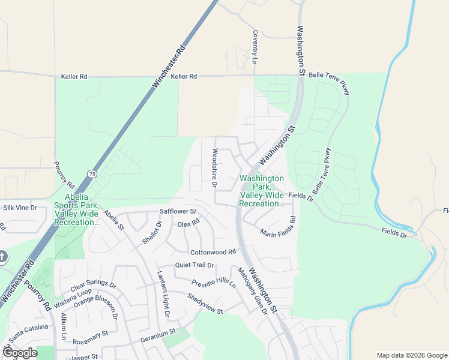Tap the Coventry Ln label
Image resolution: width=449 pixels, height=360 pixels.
255,47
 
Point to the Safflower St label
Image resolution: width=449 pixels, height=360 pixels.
178,211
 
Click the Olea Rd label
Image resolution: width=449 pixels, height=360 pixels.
188,223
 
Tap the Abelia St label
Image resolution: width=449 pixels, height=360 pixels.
113,220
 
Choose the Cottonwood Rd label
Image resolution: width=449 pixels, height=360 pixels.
213,253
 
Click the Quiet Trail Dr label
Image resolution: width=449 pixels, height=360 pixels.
194,265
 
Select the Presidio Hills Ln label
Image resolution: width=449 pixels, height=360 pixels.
213,283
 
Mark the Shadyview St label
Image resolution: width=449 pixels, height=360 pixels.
205,304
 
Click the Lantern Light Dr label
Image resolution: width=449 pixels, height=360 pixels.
164,293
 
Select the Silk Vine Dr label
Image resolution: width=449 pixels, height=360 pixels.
20,208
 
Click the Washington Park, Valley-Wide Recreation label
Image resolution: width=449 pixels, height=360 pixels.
262,191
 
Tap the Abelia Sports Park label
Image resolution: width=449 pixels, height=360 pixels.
76,209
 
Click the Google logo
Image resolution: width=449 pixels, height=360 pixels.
20,353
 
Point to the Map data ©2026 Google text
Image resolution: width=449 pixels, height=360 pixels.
411,355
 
